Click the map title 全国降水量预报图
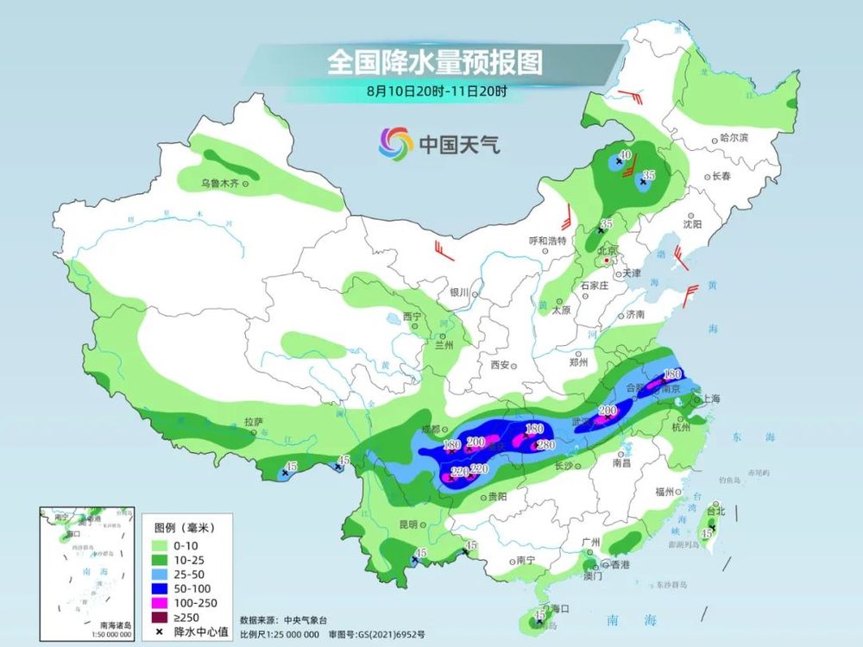click(434, 62)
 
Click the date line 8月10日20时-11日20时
click(434, 90)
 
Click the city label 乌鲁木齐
click(219, 183)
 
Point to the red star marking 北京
click(608, 259)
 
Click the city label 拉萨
click(253, 423)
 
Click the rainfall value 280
click(544, 445)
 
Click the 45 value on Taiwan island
click(707, 534)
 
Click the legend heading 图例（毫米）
click(185, 526)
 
